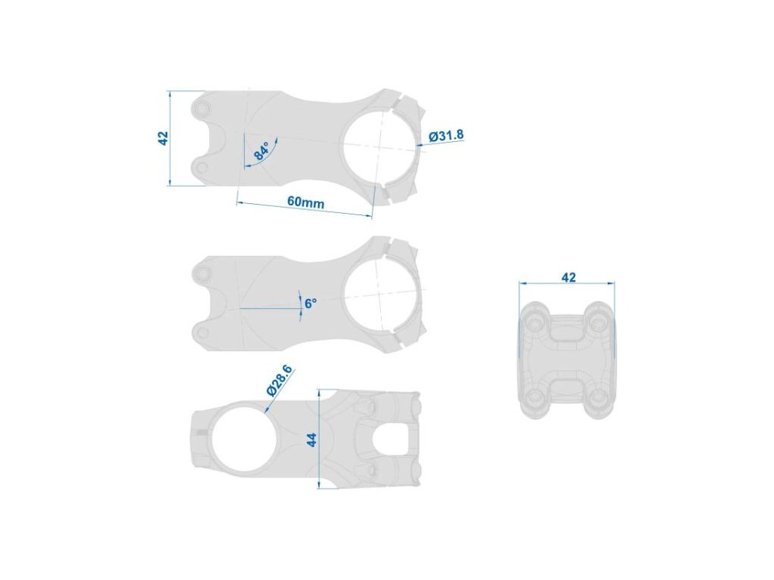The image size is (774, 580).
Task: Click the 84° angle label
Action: click(x=262, y=150)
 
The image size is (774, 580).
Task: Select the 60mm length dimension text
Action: click(x=306, y=202)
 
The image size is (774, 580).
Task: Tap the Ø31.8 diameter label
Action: click(x=446, y=135)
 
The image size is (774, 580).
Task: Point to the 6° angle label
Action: click(x=311, y=304)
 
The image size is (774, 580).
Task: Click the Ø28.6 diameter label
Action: click(x=280, y=381)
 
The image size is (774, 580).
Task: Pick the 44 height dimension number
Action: click(x=311, y=440)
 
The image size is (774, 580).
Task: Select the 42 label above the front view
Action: click(x=568, y=277)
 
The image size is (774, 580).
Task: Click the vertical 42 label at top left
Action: click(x=163, y=138)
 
